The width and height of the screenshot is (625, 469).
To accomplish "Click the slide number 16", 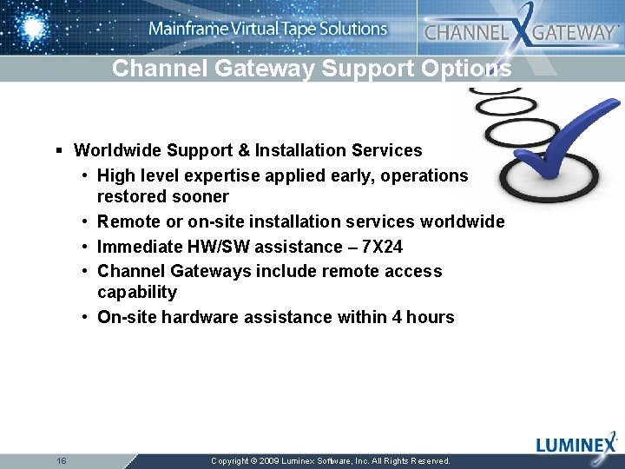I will click(x=61, y=460).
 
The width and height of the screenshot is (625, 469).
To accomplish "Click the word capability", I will click(x=136, y=292).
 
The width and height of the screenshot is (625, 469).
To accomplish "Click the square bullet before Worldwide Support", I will click(x=59, y=150).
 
